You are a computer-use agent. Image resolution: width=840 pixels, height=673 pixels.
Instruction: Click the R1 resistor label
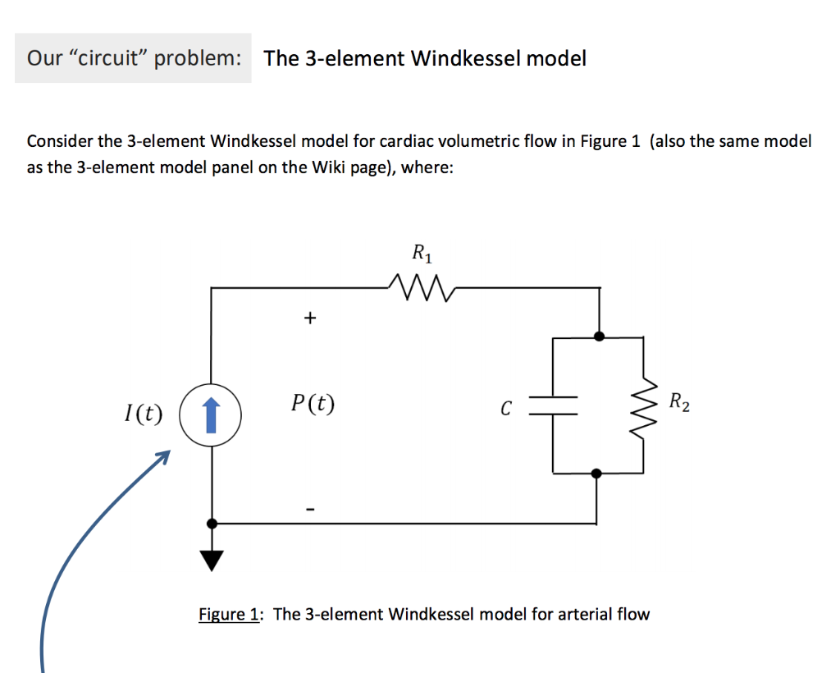pyautogui.click(x=421, y=254)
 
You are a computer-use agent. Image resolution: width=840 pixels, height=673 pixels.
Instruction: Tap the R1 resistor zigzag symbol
pyautogui.click(x=421, y=287)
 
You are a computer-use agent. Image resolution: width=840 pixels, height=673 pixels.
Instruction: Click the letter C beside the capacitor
pyautogui.click(x=506, y=407)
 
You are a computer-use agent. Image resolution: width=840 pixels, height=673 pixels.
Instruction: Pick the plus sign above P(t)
pyautogui.click(x=309, y=318)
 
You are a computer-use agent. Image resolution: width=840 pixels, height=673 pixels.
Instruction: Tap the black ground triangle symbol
pyautogui.click(x=212, y=560)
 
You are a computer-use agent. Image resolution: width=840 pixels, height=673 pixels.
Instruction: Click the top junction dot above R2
pyautogui.click(x=600, y=336)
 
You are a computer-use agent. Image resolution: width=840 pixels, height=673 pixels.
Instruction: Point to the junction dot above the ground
pyautogui.click(x=212, y=523)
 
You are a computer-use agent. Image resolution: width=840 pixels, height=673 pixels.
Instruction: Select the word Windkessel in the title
pyautogui.click(x=464, y=58)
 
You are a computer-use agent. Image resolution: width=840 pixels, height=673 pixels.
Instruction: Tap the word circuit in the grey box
pyautogui.click(x=103, y=58)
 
